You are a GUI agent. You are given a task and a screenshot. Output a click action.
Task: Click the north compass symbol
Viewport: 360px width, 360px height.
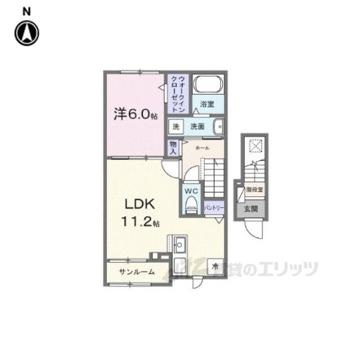[x=27, y=33]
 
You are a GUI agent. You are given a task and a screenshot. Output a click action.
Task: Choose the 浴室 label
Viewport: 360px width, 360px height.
[x=208, y=104]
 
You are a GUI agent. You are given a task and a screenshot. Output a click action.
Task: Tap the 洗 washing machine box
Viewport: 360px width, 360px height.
[x=175, y=127]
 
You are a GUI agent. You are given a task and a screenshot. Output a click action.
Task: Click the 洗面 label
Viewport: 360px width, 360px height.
[x=197, y=127]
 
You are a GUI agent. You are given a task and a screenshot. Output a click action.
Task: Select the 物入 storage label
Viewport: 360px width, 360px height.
[x=173, y=147]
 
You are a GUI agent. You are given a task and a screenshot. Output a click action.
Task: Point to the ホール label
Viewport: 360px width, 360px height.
[x=202, y=147]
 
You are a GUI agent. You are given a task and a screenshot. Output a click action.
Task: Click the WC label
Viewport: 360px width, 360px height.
[x=190, y=190]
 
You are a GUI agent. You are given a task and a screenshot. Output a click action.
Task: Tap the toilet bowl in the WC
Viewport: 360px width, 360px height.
[x=191, y=204]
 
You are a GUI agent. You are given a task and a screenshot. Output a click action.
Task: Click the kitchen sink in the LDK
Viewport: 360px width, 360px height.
[x=181, y=245]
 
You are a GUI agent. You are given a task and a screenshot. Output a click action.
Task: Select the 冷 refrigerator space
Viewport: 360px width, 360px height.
[x=215, y=267]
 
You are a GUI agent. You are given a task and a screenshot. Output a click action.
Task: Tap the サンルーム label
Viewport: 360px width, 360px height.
[x=136, y=272]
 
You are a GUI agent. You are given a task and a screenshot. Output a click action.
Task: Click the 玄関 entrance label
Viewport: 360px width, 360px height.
[x=249, y=209]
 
